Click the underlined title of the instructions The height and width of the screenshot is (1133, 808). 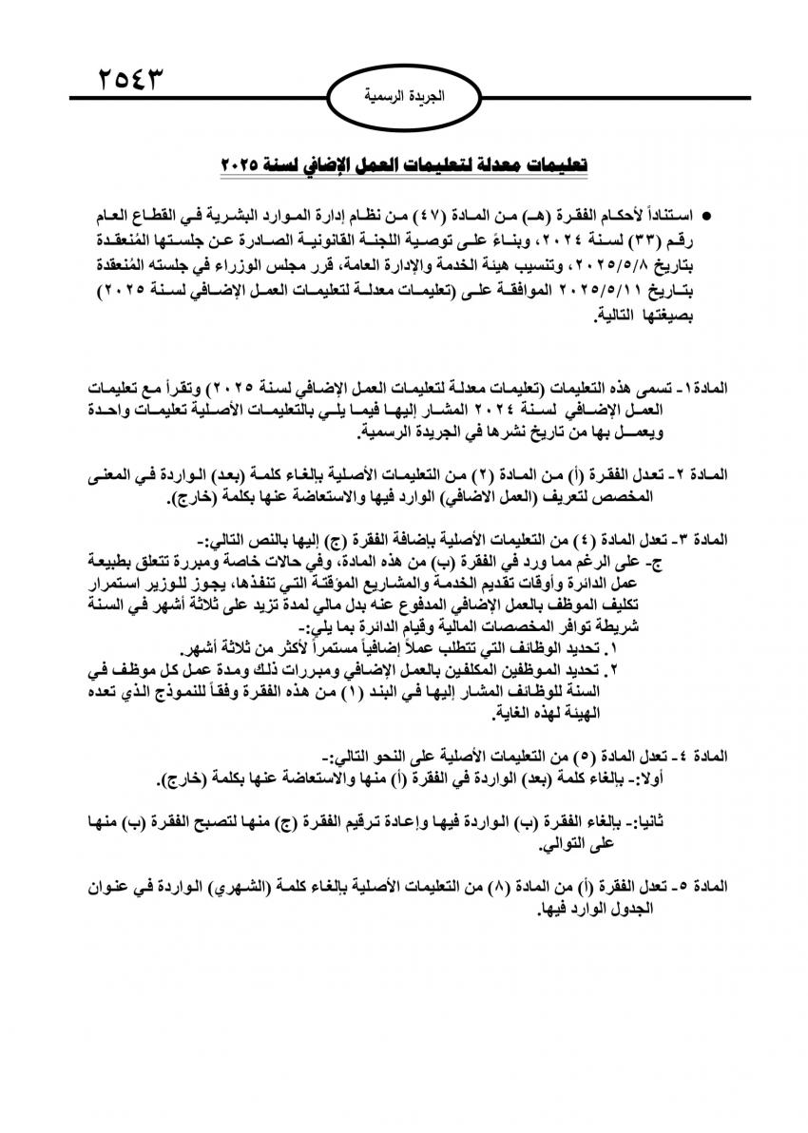[404, 164]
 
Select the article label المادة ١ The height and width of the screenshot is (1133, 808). [704, 391]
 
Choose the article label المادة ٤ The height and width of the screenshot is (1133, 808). [703, 756]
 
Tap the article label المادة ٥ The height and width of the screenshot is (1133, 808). [703, 886]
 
